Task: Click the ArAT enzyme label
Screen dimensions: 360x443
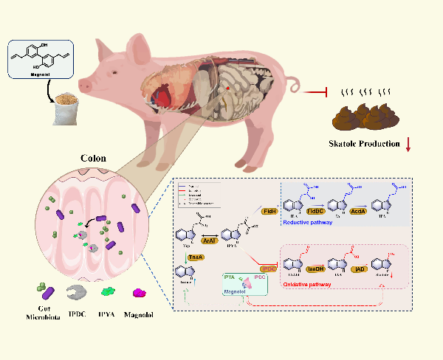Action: (x=209, y=240)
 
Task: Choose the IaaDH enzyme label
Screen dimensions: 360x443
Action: (x=315, y=270)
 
